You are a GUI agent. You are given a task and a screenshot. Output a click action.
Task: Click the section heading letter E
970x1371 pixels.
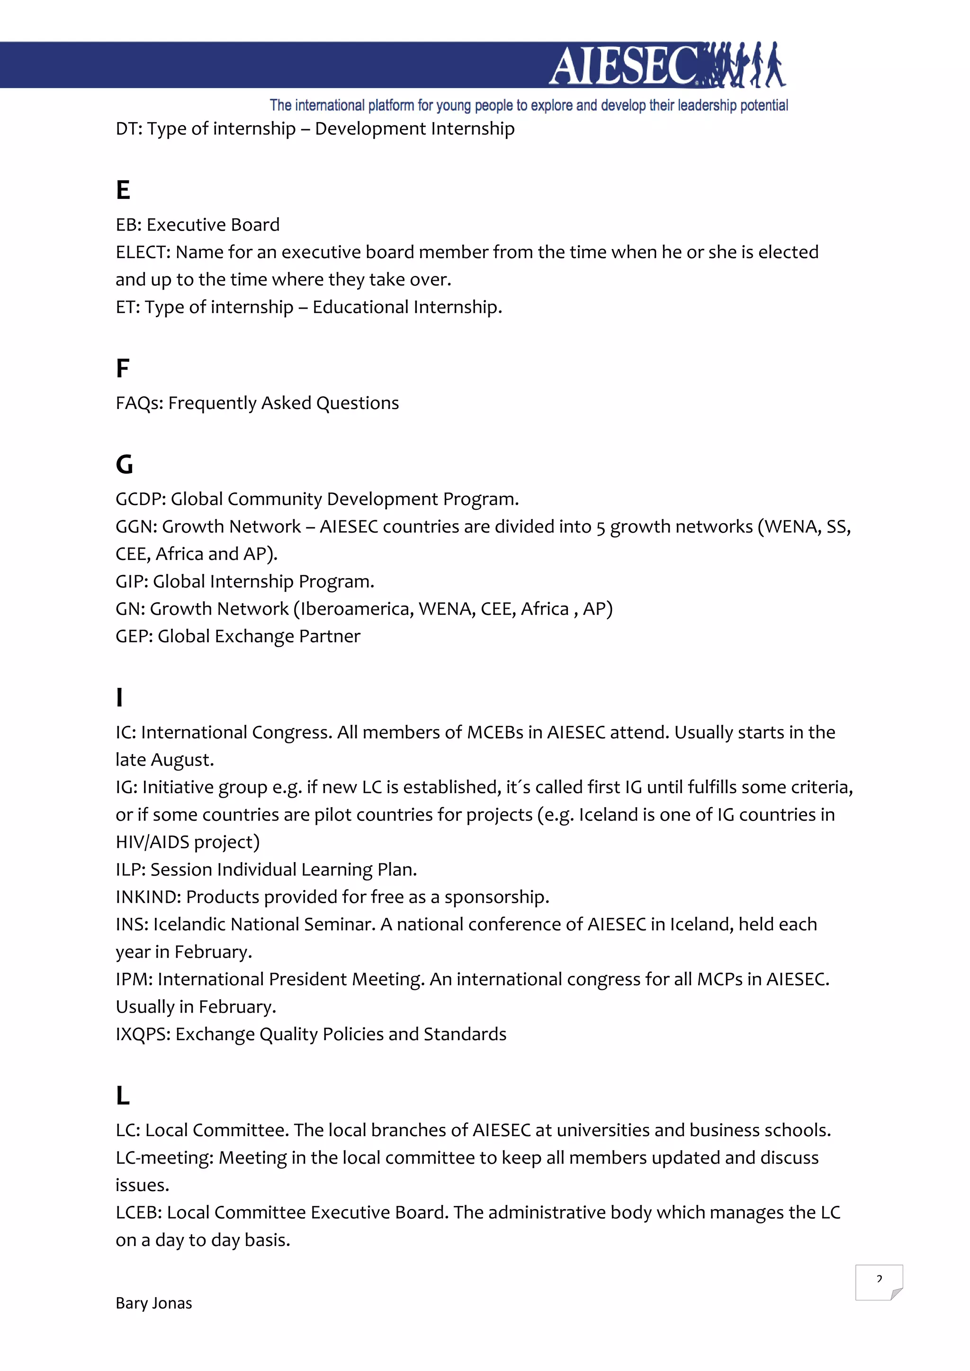tap(123, 190)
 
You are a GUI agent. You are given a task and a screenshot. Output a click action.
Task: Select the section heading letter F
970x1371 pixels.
tap(123, 368)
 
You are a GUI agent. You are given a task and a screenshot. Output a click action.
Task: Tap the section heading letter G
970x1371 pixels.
tap(124, 464)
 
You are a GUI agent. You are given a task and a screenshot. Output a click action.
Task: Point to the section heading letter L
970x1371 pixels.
tap(123, 1096)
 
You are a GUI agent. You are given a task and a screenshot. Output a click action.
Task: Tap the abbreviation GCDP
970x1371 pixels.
tap(140, 499)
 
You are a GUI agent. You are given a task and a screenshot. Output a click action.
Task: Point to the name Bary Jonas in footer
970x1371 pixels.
tap(153, 1303)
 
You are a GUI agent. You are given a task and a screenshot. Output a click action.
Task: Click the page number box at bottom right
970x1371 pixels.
tap(878, 1282)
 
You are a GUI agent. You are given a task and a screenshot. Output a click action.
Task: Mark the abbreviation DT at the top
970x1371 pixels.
tap(127, 129)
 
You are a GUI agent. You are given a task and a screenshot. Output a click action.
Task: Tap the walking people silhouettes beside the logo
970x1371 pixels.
tap(743, 64)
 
